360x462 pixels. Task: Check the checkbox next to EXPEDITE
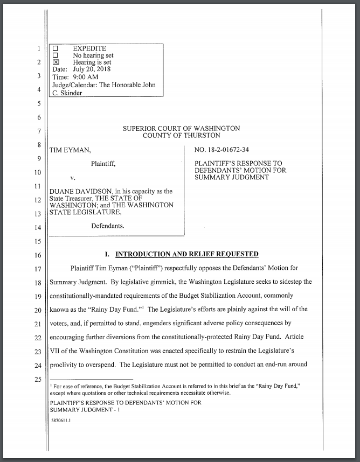(x=55, y=48)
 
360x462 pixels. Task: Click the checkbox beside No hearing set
(x=55, y=55)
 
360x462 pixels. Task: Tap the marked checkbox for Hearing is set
(x=55, y=62)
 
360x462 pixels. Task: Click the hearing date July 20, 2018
(x=91, y=69)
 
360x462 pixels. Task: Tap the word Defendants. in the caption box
(x=108, y=226)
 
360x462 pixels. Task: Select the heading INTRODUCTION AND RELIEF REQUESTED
(x=187, y=254)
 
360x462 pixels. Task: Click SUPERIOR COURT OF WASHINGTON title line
(x=182, y=129)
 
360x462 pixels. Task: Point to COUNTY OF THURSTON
(x=182, y=136)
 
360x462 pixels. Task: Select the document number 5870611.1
(x=60, y=422)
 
